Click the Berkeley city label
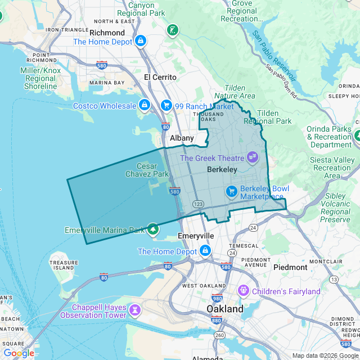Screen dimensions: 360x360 pos(206,169)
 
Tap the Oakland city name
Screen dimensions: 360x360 pos(225,309)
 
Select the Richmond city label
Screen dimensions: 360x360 pos(107,33)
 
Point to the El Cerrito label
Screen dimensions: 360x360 pos(160,77)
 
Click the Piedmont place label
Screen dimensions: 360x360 pos(290,267)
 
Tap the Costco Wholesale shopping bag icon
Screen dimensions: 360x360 pos(145,105)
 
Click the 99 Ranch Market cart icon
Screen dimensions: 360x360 pos(166,105)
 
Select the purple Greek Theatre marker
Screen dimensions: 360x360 pos(252,157)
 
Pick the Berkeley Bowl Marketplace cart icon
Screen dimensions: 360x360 pos(231,192)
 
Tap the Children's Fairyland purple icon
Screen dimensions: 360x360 pos(243,291)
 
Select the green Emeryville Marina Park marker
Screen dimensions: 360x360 pos(153,229)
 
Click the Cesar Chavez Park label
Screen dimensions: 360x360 pos(153,170)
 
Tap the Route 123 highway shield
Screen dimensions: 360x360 pos(197,204)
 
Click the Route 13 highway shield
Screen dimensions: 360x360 pos(334,279)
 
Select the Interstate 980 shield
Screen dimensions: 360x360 pos(217,298)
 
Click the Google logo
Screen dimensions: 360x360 pos(19,353)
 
